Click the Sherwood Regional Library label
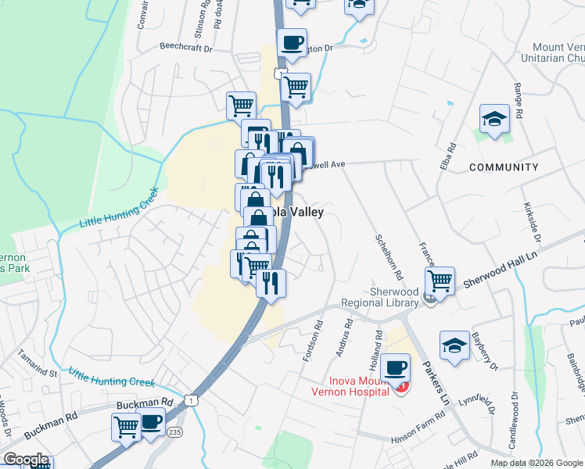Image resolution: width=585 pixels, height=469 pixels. click(x=378, y=295)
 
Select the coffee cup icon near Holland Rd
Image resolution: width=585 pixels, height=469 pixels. click(x=397, y=366)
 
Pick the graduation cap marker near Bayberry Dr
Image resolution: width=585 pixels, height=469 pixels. click(x=454, y=345)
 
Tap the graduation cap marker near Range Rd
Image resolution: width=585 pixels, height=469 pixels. click(x=494, y=119)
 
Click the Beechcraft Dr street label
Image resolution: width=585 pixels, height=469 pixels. click(x=185, y=48)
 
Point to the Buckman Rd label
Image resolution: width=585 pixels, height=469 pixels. click(x=144, y=403)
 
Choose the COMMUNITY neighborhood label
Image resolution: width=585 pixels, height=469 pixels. click(x=504, y=167)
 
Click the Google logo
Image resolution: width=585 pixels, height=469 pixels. click(x=26, y=460)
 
